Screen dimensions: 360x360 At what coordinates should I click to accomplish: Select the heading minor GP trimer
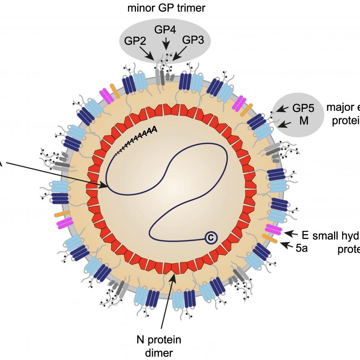tap(166, 8)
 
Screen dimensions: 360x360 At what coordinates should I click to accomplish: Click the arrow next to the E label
tap(290, 233)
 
